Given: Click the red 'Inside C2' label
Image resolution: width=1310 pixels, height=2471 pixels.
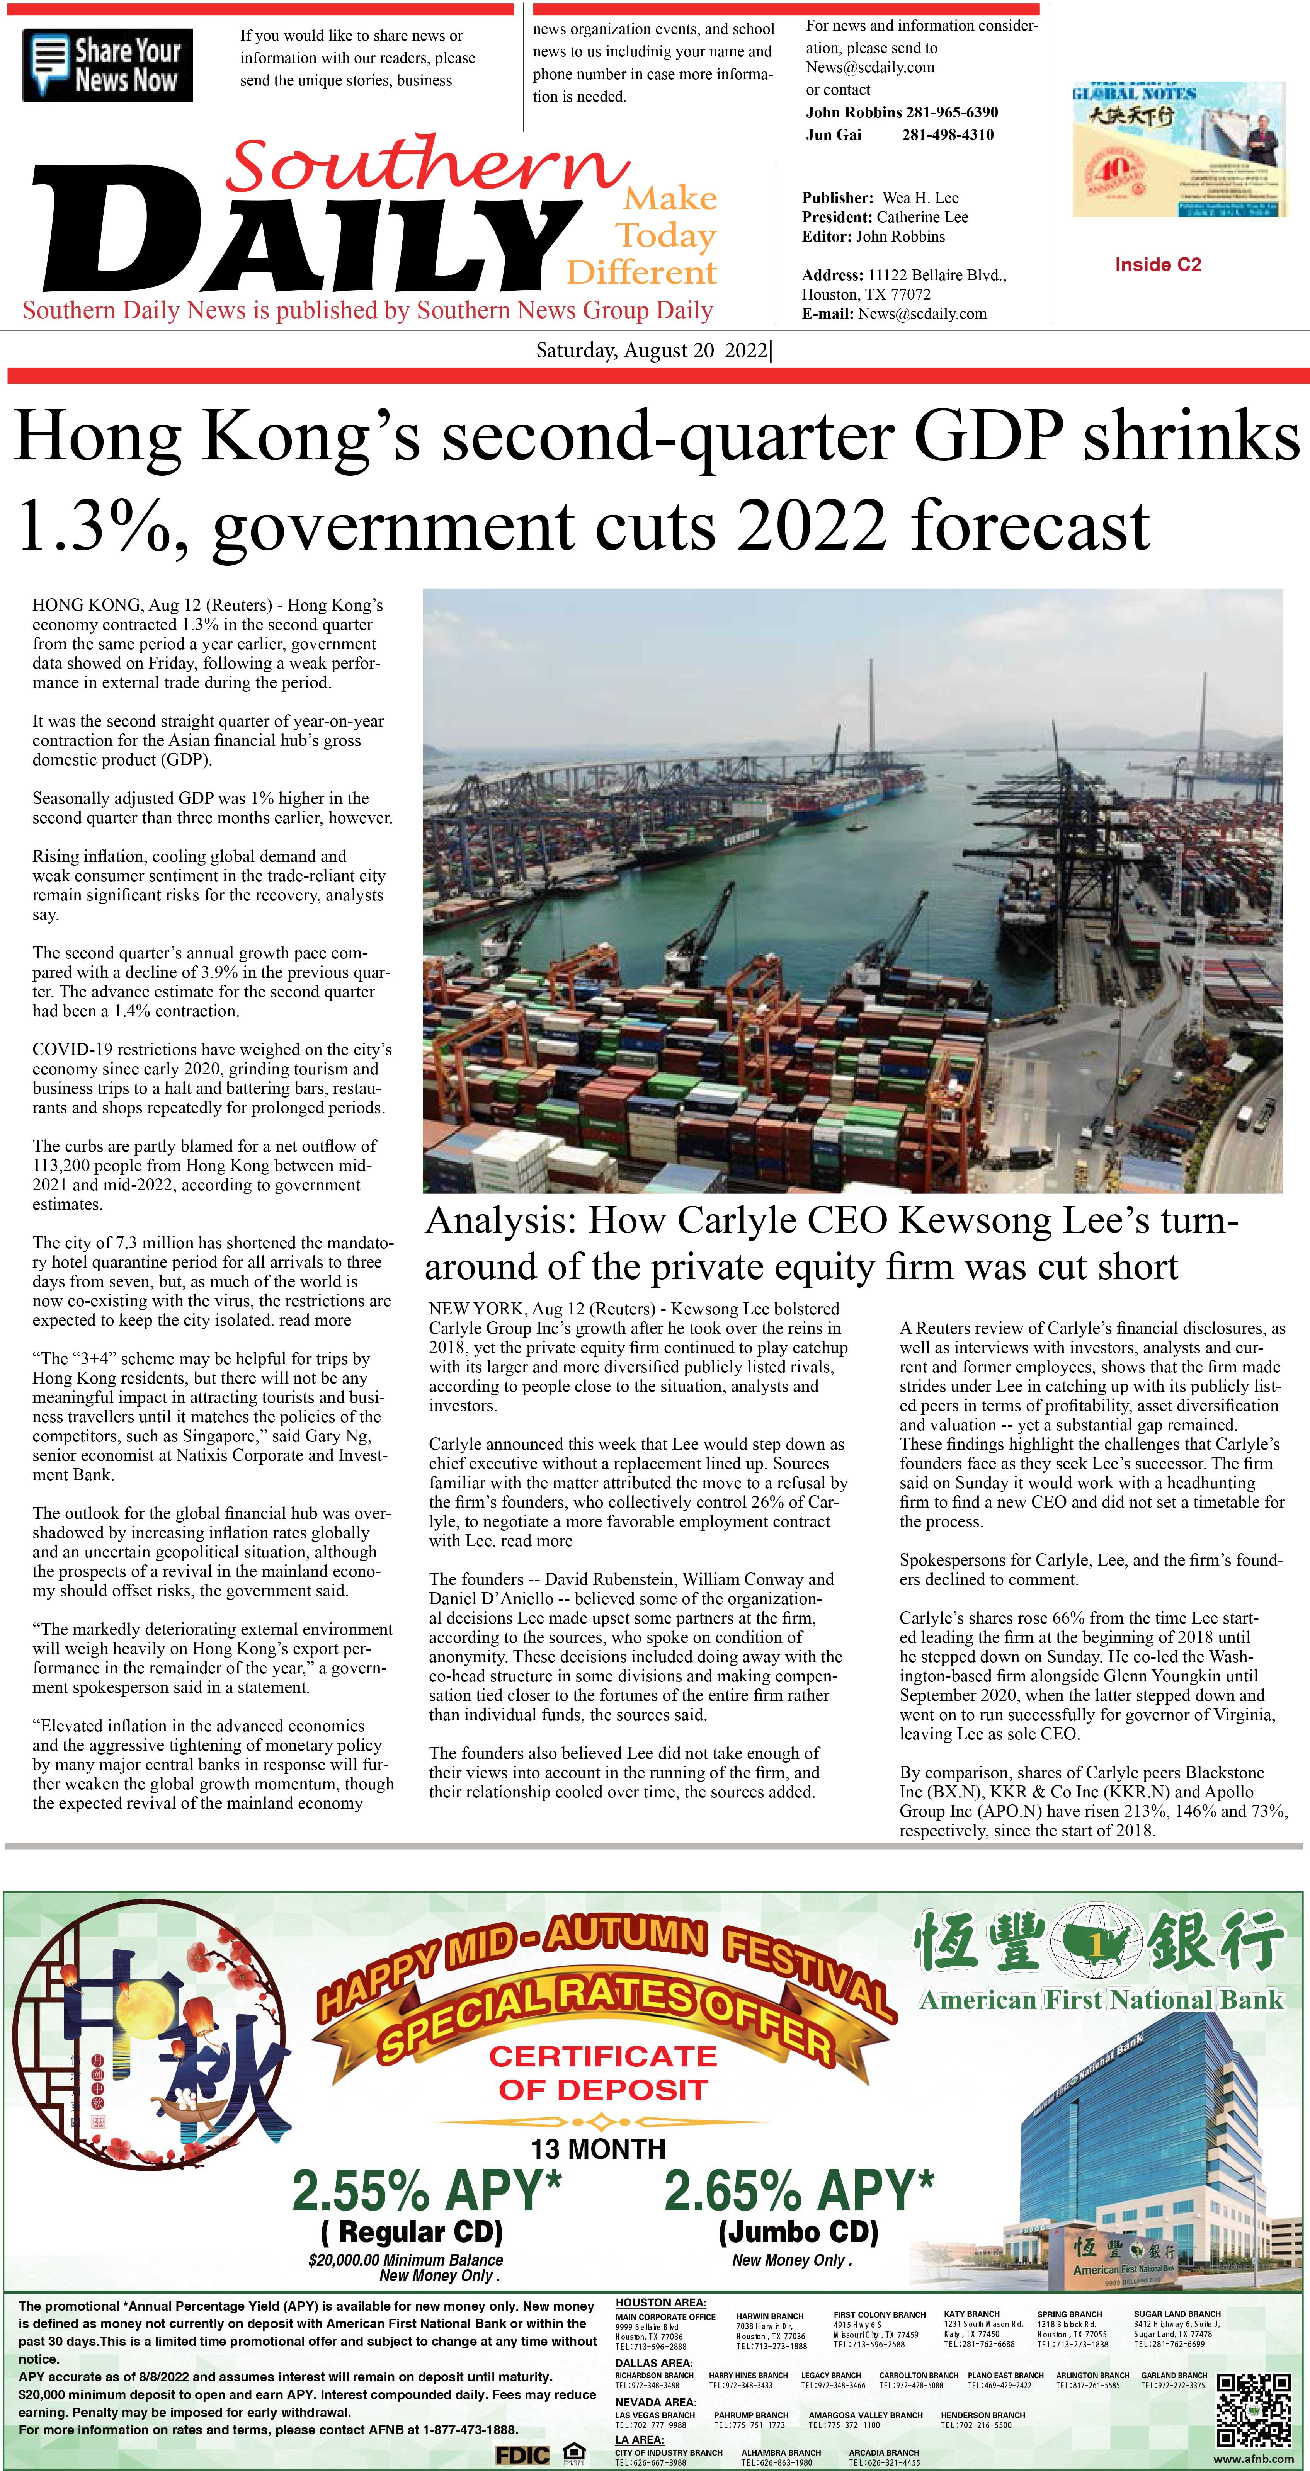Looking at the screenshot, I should pos(1157,265).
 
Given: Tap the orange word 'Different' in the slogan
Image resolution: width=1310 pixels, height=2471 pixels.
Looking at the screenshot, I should pos(641,273).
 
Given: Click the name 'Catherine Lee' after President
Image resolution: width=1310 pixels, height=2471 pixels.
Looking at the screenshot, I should pos(922,217).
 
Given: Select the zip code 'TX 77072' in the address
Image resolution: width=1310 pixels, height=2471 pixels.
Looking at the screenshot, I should pos(898,294).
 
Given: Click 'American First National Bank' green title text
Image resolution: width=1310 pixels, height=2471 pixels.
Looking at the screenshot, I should pos(1101,2000).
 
